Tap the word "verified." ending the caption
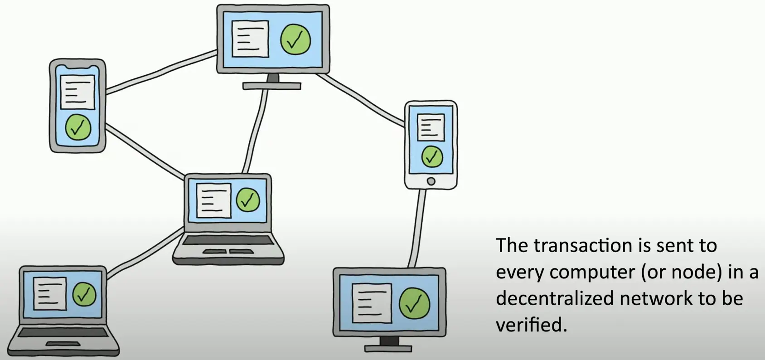click(531, 325)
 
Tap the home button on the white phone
click(431, 181)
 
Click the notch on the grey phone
click(77, 67)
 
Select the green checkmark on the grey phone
click(78, 127)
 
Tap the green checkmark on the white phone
click(432, 157)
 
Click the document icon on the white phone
click(431, 127)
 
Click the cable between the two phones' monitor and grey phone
click(161, 73)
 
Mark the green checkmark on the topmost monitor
click(295, 40)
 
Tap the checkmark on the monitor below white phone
click(414, 303)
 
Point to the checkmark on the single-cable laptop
click(84, 295)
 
